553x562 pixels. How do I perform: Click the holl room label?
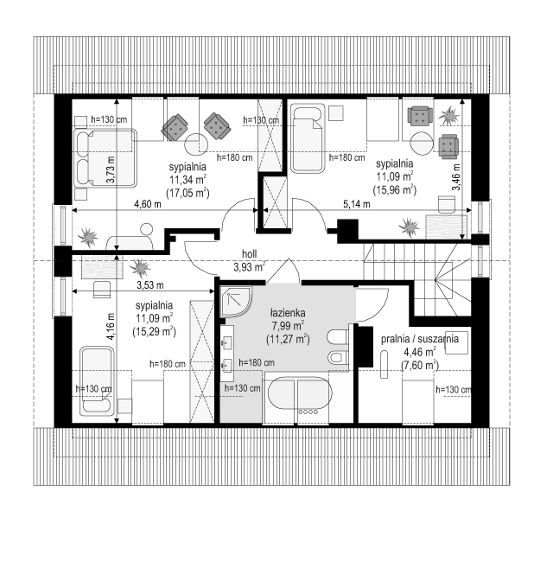pos(249,254)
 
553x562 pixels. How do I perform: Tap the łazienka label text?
pos(288,313)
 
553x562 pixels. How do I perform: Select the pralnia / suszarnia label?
pos(420,339)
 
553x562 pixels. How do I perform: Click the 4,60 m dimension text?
pos(148,204)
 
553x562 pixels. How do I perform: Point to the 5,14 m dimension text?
pos(357,204)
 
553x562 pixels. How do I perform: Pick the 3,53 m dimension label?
pos(150,285)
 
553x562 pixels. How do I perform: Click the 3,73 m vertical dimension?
pos(111,169)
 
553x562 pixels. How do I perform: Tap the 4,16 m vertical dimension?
pos(111,327)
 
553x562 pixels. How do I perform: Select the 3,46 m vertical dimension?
pos(456,177)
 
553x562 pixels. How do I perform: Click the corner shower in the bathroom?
pos(236,301)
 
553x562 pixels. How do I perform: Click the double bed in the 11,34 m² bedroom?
pos(105,158)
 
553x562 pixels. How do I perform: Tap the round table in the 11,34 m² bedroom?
pos(196,144)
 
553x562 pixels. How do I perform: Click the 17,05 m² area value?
pos(188,194)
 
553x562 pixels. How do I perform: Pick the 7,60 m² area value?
pos(420,366)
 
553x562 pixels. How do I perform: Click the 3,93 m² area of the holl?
pos(249,267)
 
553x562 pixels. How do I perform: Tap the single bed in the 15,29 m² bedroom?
pos(97,381)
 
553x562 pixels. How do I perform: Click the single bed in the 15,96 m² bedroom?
pos(308,138)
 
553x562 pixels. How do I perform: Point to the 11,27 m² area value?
pos(288,339)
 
